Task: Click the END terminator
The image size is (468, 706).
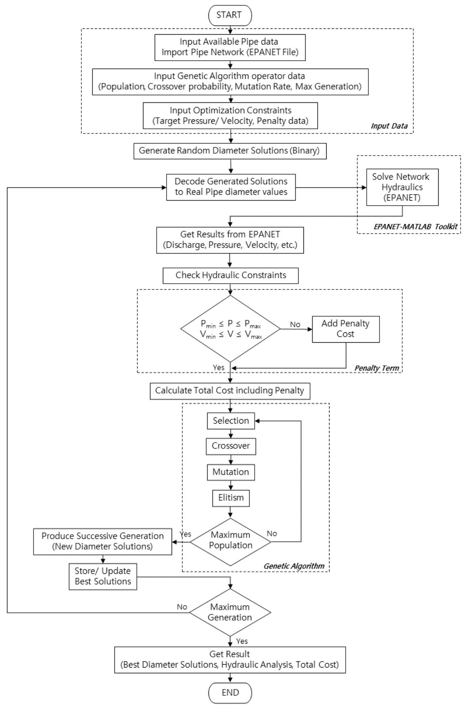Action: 230,692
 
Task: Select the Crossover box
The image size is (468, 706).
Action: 231,446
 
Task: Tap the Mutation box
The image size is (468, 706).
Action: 231,472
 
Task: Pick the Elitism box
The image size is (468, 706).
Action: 231,498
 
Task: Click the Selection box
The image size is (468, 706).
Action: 231,421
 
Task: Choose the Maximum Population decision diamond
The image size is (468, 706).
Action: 230,540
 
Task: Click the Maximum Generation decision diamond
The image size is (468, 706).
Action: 230,612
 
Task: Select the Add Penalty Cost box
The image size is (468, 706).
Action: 345,329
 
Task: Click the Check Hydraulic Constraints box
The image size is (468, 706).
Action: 231,275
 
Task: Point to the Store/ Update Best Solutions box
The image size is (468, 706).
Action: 103,576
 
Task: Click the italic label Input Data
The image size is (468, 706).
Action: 389,126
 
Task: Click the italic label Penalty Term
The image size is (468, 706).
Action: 376,367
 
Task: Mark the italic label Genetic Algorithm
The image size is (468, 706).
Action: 294,566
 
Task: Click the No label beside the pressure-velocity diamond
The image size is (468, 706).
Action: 295,325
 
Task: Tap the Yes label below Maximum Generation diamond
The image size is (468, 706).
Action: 242,641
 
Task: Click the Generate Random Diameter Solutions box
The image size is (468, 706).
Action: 229,151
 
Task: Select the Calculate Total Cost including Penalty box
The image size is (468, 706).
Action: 229,391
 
